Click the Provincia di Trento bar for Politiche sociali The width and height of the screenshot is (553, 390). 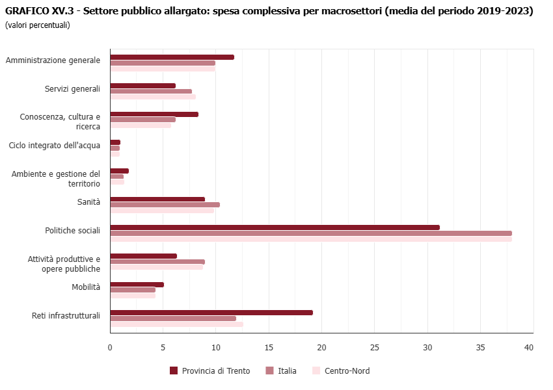tap(275, 227)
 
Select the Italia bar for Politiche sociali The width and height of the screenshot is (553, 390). tap(311, 233)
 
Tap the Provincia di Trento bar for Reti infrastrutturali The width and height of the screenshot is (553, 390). tap(211, 313)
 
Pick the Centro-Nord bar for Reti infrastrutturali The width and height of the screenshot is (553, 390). tap(176, 324)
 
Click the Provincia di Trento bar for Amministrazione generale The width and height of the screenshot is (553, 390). tap(172, 57)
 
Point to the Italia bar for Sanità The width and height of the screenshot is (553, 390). tap(165, 205)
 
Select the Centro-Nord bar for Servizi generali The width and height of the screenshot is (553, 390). tap(153, 97)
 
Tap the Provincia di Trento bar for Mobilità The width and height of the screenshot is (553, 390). tap(137, 284)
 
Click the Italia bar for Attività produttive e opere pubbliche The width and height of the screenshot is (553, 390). tap(157, 262)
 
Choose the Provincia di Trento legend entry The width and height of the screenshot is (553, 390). tap(209, 371)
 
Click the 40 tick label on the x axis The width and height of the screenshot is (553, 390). tap(529, 348)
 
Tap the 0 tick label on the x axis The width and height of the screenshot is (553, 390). tap(110, 348)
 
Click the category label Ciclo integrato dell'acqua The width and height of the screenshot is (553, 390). tap(55, 146)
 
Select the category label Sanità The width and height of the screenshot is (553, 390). tap(88, 202)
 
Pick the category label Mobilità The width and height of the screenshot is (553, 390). tap(86, 287)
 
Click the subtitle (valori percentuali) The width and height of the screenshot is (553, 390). tap(37, 25)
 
